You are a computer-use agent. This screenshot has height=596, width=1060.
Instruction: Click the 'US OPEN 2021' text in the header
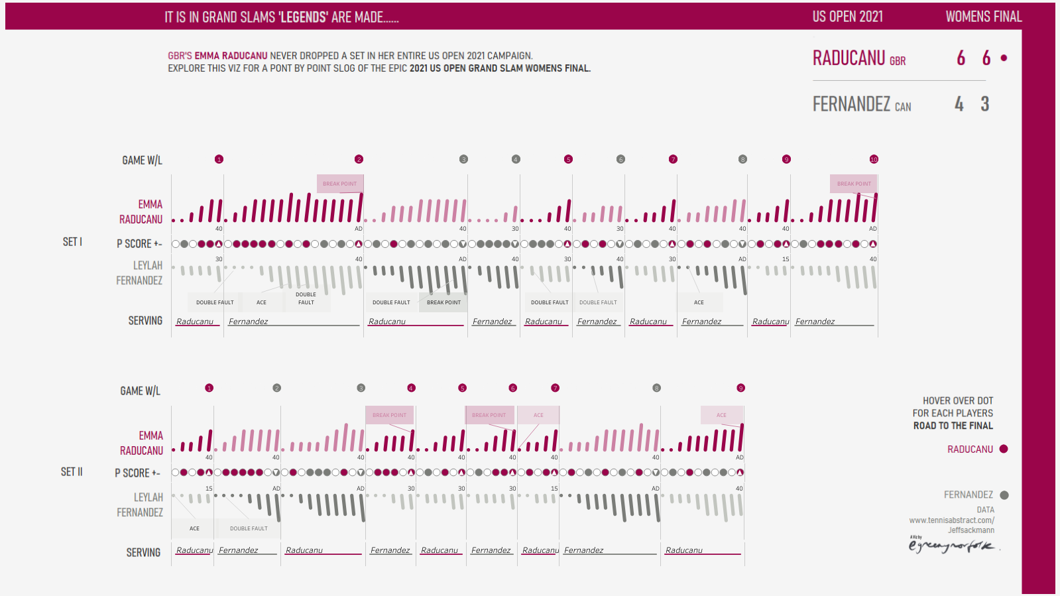(x=847, y=17)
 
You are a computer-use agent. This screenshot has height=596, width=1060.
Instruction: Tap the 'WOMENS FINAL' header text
(x=983, y=17)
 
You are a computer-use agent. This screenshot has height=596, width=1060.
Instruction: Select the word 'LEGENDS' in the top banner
(x=304, y=17)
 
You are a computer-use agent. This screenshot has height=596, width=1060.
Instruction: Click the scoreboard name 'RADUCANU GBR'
(x=858, y=59)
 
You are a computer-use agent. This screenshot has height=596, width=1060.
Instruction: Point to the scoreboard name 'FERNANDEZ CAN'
(x=861, y=105)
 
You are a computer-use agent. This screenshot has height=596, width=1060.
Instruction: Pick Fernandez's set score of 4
(x=959, y=104)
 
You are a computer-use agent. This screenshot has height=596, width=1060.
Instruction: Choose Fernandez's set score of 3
(x=985, y=104)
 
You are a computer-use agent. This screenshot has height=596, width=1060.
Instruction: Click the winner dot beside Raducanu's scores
(x=1004, y=58)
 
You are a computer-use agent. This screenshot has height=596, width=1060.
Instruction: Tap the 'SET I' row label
(x=72, y=242)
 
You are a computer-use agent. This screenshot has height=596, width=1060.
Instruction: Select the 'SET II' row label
(x=72, y=472)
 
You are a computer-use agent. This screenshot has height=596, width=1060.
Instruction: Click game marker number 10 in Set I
(x=874, y=159)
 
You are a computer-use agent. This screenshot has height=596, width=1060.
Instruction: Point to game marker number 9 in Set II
(x=740, y=388)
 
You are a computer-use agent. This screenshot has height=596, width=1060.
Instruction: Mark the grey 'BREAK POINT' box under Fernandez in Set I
(x=443, y=302)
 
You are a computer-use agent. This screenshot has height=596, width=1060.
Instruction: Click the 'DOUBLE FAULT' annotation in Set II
(x=249, y=528)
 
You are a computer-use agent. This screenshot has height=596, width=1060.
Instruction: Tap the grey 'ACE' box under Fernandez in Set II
(x=194, y=528)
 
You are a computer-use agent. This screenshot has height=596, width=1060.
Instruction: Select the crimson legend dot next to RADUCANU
(x=1004, y=449)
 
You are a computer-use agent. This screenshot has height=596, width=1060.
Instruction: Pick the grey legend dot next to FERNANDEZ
(x=1004, y=495)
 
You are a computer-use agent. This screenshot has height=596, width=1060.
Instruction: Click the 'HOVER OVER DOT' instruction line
(x=957, y=401)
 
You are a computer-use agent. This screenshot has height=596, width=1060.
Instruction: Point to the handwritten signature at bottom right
(x=951, y=546)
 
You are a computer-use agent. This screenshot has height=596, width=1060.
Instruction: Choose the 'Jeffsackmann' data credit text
(x=971, y=530)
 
